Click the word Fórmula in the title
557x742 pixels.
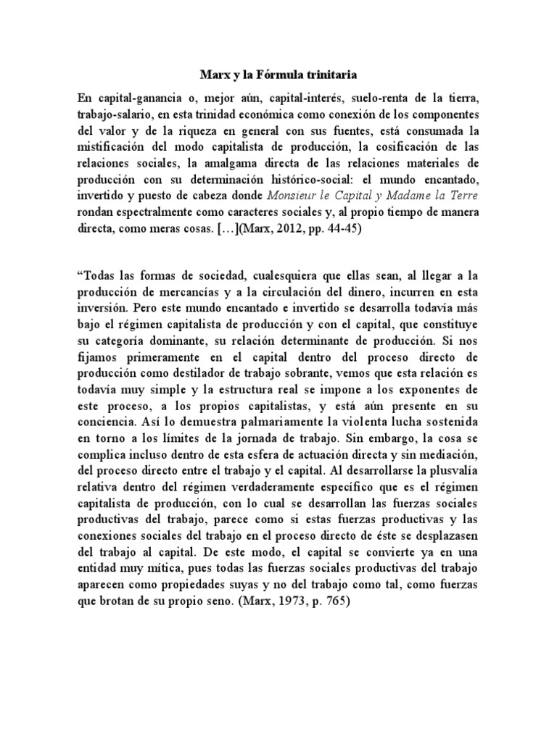pyautogui.click(x=266, y=74)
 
